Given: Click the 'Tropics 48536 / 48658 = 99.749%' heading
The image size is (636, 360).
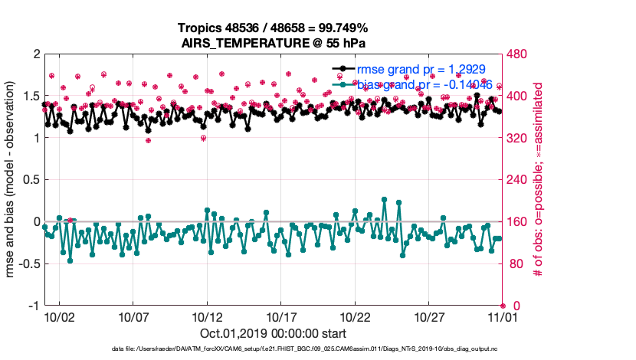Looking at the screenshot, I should click(x=274, y=28).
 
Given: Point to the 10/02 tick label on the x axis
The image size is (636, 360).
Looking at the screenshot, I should click(x=59, y=316).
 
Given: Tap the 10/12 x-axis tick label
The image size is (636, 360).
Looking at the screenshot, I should click(x=207, y=316).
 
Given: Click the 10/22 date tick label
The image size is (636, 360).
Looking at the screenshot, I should click(x=355, y=316).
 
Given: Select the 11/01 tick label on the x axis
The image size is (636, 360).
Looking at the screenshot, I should click(x=503, y=316).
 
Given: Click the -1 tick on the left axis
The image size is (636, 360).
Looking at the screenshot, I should click(x=34, y=306).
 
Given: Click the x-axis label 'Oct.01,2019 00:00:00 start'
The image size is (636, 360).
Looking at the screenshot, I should click(x=274, y=334).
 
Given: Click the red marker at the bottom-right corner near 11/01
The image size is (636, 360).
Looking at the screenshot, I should click(x=503, y=306).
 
